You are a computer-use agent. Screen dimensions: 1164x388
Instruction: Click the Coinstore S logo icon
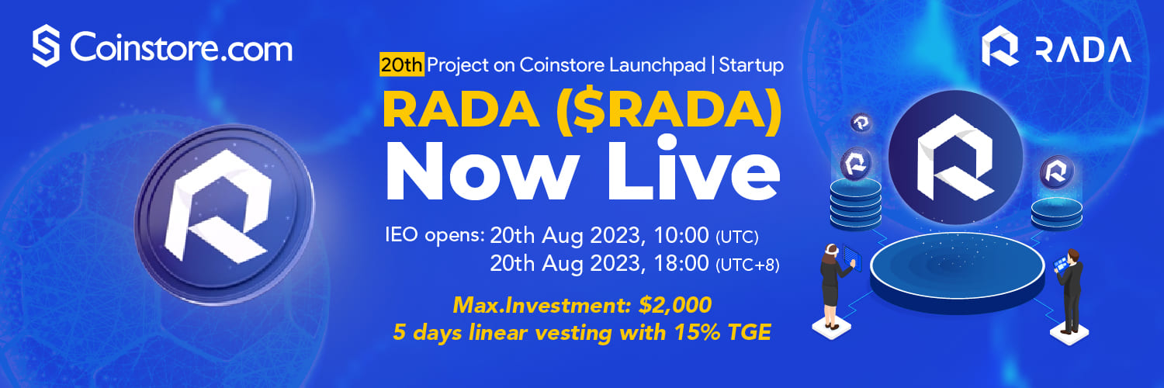tap(46, 46)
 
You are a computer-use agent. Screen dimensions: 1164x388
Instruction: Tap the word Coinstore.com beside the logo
tap(182, 48)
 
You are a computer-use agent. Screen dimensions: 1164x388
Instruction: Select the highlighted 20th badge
tap(402, 65)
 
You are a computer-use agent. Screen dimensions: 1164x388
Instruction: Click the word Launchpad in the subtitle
tap(657, 65)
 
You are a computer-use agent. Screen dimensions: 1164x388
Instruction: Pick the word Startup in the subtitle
tap(751, 65)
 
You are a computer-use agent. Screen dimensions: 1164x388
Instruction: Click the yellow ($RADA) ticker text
tap(668, 110)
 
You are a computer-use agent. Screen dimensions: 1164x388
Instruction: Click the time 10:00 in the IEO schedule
tap(681, 235)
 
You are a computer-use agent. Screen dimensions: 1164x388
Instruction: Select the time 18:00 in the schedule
tap(681, 263)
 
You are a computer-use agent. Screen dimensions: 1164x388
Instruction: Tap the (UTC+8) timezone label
tap(747, 265)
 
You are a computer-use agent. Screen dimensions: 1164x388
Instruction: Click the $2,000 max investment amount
tap(675, 305)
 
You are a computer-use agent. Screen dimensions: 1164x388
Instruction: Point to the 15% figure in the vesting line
tap(697, 332)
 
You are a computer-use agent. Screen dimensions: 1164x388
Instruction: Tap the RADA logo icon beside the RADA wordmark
tap(999, 46)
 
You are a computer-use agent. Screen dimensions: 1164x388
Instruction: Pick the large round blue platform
tap(957, 272)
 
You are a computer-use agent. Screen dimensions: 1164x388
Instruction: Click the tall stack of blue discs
tap(855, 205)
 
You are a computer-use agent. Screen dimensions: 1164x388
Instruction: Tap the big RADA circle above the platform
tap(955, 158)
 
